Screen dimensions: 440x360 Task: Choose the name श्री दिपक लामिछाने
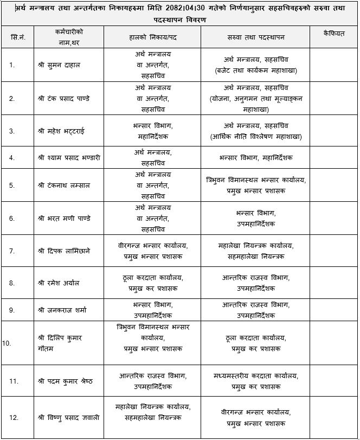pyautogui.click(x=65, y=251)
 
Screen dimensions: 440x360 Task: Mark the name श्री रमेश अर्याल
pyautogui.click(x=60, y=283)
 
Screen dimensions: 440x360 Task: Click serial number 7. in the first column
pyautogui.click(x=12, y=251)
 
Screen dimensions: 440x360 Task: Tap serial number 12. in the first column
pyautogui.click(x=14, y=417)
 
